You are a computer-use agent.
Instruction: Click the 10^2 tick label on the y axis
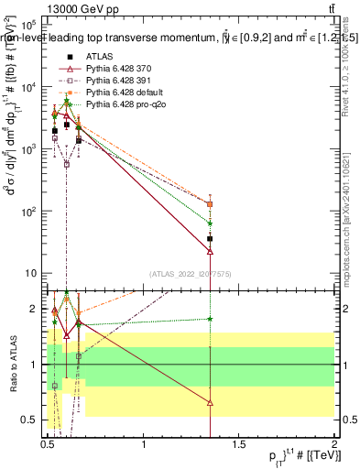pyautogui.click(x=28, y=212)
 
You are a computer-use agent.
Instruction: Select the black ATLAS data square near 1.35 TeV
pyautogui.click(x=211, y=239)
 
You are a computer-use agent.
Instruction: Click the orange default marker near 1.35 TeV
pyautogui.click(x=211, y=204)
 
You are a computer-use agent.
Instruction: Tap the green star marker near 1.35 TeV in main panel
pyautogui.click(x=211, y=223)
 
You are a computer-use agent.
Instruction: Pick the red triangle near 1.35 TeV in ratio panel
pyautogui.click(x=211, y=403)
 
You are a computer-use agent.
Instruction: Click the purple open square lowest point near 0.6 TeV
pyautogui.click(x=67, y=164)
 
